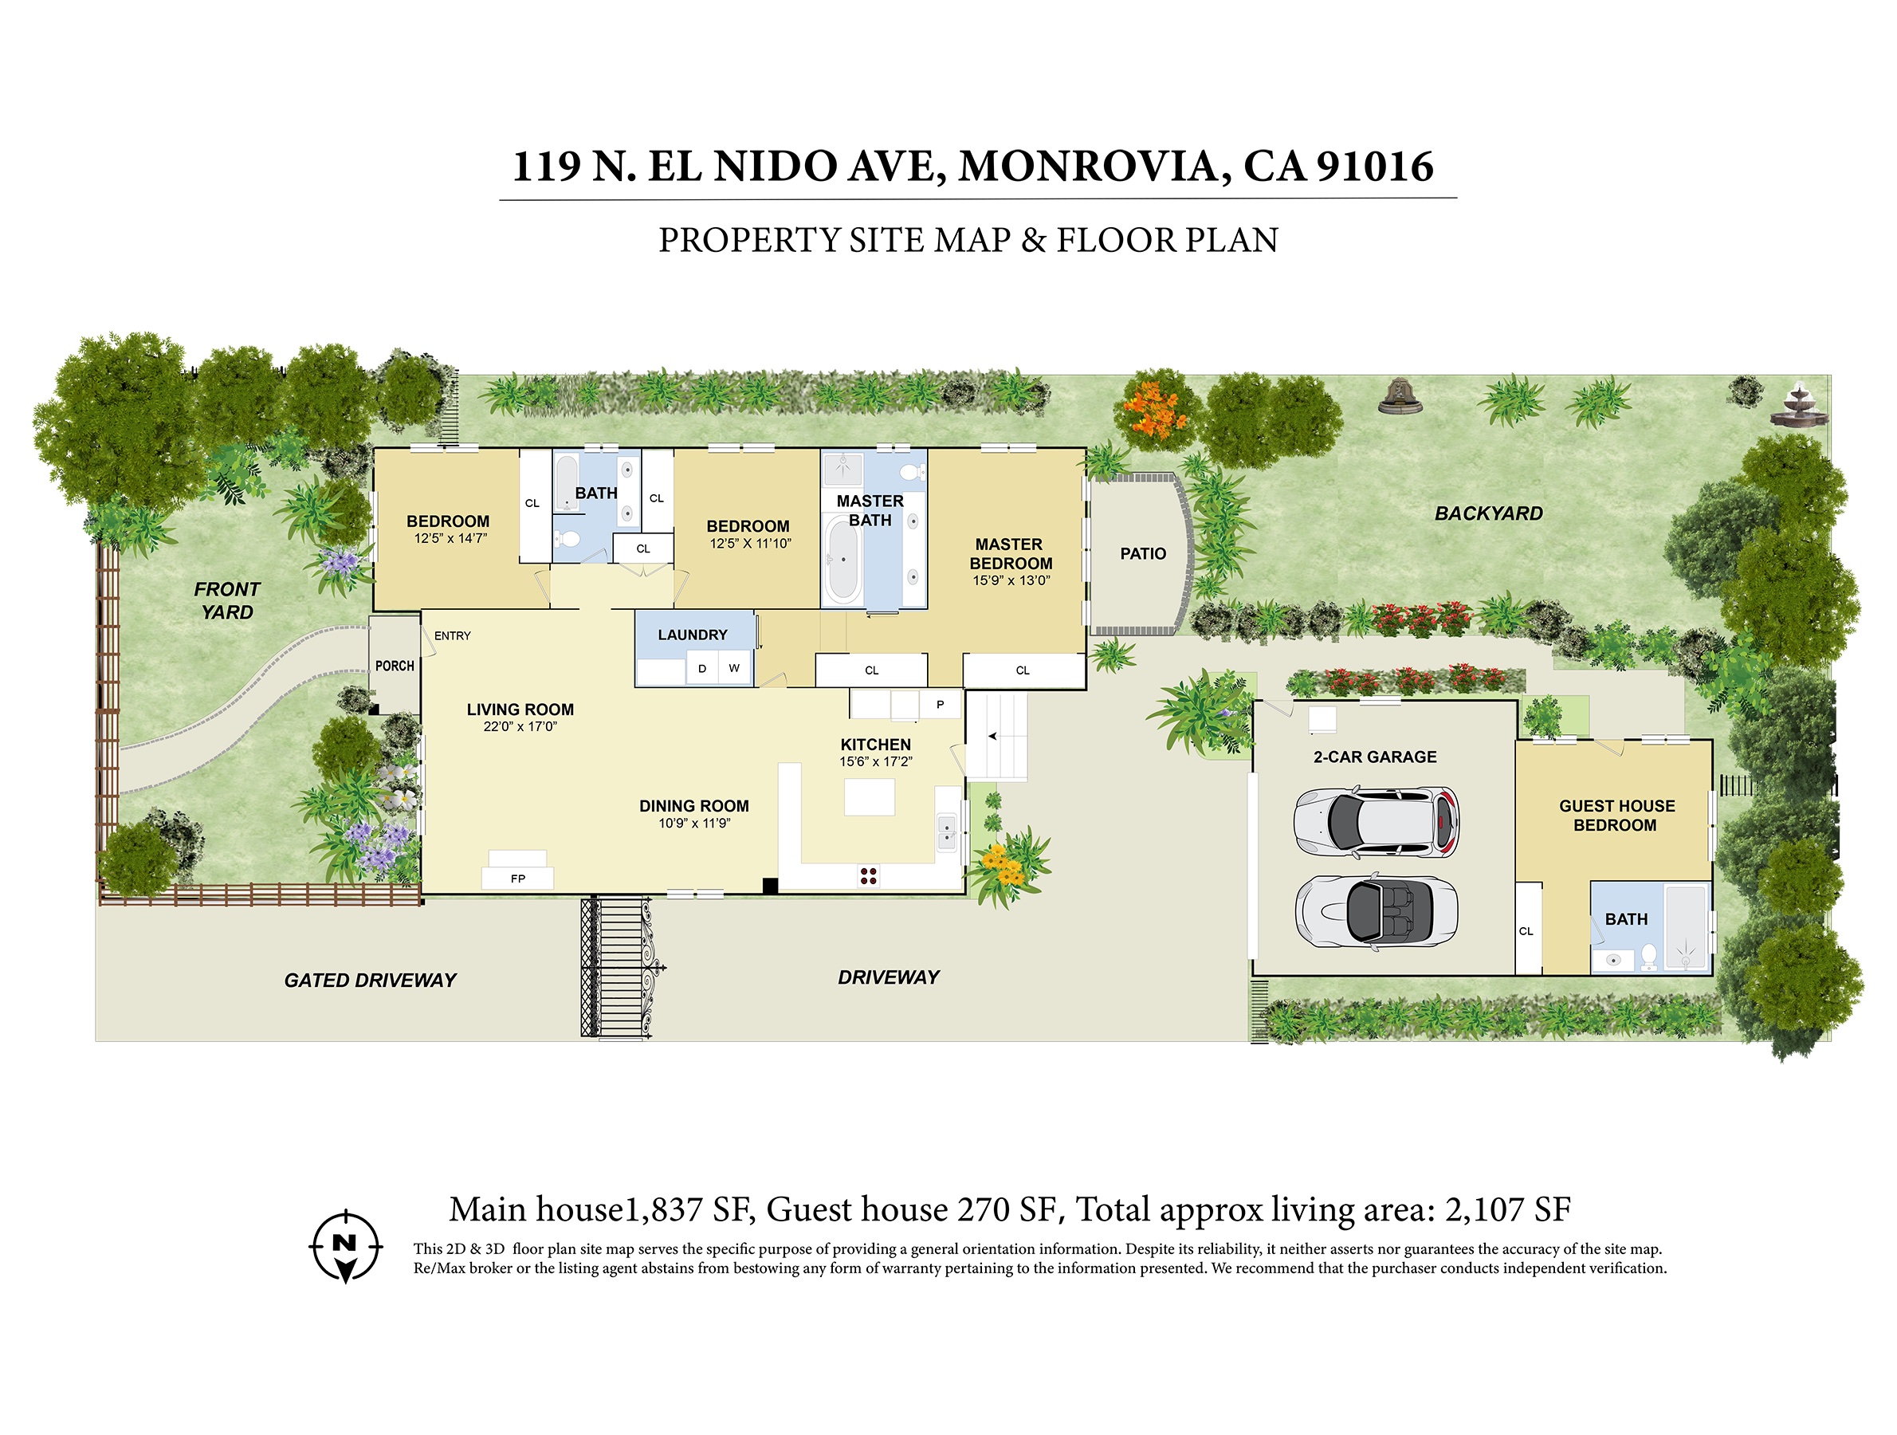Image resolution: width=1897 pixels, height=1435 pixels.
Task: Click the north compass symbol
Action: (x=345, y=1245)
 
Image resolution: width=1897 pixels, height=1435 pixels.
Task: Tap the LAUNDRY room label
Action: (x=692, y=635)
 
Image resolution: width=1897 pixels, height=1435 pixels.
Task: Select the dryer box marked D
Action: (x=702, y=668)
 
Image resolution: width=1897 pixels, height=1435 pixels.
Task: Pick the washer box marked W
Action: (x=734, y=668)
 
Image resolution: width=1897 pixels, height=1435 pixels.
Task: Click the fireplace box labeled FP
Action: (x=517, y=878)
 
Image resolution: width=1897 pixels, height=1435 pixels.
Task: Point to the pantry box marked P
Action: (x=940, y=704)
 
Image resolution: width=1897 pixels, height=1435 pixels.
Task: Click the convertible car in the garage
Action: (x=1376, y=911)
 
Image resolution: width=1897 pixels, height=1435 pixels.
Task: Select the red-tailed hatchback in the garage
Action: (x=1376, y=822)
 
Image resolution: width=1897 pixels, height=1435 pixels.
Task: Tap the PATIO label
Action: (x=1142, y=554)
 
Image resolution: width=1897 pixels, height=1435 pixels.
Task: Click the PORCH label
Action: (x=395, y=666)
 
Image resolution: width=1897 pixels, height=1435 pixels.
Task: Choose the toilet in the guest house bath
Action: (x=1648, y=957)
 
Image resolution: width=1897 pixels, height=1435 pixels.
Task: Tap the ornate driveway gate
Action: (x=622, y=967)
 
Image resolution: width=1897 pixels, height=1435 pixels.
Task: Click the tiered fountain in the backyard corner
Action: (x=1798, y=405)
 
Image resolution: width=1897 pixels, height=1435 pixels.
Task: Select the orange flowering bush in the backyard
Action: (x=1155, y=409)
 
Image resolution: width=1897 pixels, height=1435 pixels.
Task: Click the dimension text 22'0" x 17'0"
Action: (x=520, y=726)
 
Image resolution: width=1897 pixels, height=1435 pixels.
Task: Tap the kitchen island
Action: (x=869, y=797)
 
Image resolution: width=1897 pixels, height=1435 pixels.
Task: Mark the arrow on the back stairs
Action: (x=993, y=735)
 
